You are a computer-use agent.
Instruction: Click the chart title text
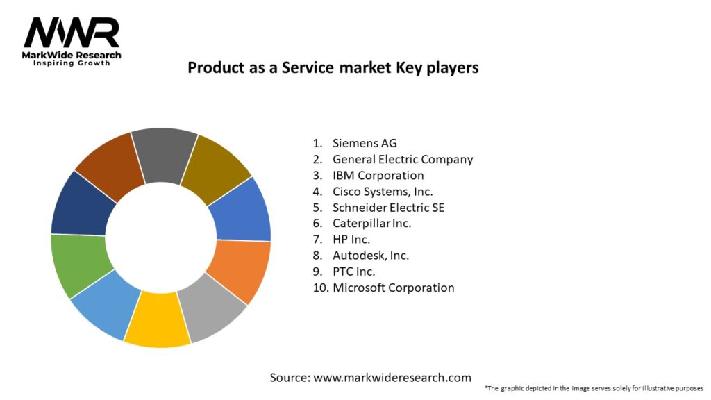click(x=333, y=68)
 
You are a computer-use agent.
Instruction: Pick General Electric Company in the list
click(x=402, y=159)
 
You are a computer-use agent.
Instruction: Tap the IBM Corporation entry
click(x=378, y=175)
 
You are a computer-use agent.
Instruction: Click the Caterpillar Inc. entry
click(x=371, y=223)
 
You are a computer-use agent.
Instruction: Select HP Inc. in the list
click(x=351, y=239)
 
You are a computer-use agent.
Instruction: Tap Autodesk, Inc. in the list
click(x=371, y=255)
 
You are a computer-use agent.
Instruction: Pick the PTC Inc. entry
click(x=354, y=271)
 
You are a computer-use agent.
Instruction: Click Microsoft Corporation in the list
click(x=393, y=287)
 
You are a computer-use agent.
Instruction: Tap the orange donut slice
click(x=238, y=269)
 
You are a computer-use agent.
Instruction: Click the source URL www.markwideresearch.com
click(x=392, y=378)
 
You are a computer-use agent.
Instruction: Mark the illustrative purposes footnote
click(x=594, y=387)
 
